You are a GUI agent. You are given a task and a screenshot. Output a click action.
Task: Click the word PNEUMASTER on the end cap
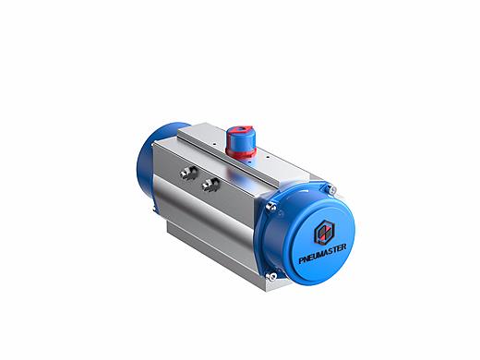click(x=322, y=253)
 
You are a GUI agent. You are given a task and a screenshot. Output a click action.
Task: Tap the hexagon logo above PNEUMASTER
click(x=324, y=233)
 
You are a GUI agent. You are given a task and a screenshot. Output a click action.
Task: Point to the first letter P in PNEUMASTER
click(x=301, y=260)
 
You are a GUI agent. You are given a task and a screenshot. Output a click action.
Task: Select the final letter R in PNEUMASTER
click(x=343, y=246)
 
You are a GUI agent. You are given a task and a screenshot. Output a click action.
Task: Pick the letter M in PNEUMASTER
click(x=322, y=254)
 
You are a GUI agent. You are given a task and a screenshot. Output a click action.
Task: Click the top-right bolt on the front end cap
click(x=330, y=189)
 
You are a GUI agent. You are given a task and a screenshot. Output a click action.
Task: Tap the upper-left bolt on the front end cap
click(x=271, y=207)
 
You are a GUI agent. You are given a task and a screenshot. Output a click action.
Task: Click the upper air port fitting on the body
click(x=188, y=172)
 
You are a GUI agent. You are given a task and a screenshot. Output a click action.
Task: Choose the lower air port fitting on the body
click(x=210, y=185)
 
